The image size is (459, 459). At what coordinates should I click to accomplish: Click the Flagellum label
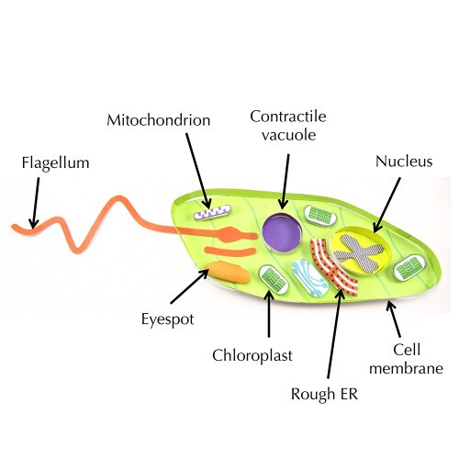click(55, 162)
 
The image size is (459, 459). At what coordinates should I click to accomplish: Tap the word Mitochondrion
click(159, 120)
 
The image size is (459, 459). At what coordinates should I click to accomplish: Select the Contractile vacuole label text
click(288, 126)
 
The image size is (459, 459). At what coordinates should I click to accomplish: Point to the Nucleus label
click(404, 162)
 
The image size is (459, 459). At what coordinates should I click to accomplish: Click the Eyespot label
click(167, 319)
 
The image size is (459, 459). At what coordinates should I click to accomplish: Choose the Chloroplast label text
click(252, 355)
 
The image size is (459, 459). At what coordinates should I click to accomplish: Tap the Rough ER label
click(324, 394)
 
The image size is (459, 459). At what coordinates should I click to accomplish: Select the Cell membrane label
click(407, 359)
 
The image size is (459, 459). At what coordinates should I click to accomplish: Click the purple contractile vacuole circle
click(282, 232)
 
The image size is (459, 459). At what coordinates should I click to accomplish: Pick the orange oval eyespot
click(227, 272)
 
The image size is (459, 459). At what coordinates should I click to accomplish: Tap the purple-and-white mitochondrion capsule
click(212, 212)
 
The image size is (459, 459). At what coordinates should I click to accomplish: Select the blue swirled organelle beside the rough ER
click(309, 278)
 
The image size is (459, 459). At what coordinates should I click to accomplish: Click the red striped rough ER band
click(333, 267)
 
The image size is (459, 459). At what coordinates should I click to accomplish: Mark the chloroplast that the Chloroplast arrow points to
click(274, 280)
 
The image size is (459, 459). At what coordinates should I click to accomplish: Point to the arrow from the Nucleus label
click(386, 206)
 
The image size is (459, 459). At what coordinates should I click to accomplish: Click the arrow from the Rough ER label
click(335, 334)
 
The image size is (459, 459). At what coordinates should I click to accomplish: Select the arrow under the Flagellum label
click(36, 203)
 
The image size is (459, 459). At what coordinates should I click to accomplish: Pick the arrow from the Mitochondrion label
click(198, 172)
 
